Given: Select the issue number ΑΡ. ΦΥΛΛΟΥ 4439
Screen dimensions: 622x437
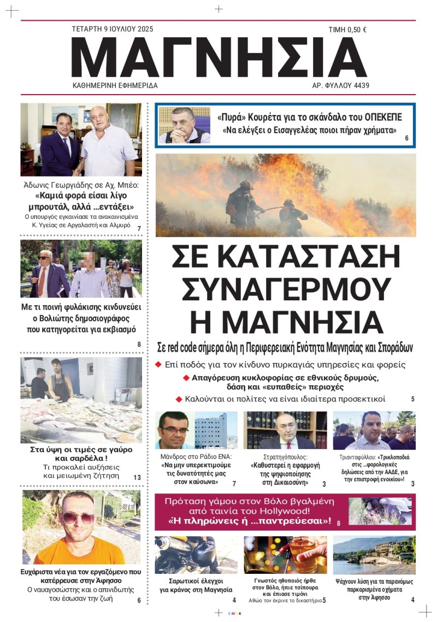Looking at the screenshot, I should (x=340, y=86).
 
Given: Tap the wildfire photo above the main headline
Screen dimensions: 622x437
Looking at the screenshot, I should (x=285, y=195).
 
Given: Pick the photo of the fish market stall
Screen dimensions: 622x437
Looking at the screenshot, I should (x=81, y=400).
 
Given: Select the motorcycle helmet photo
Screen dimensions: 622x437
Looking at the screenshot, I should (x=196, y=554).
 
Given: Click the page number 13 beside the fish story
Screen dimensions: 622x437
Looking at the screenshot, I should (x=137, y=478).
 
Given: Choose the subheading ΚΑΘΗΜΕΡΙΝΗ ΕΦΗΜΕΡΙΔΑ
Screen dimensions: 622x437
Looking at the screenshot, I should (x=115, y=86).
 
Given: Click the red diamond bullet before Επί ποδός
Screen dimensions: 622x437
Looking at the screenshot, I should (x=158, y=364).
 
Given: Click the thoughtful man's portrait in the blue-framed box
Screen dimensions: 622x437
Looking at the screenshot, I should (x=184, y=125).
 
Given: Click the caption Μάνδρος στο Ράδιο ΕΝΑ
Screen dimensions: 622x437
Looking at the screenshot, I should (x=196, y=456).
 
